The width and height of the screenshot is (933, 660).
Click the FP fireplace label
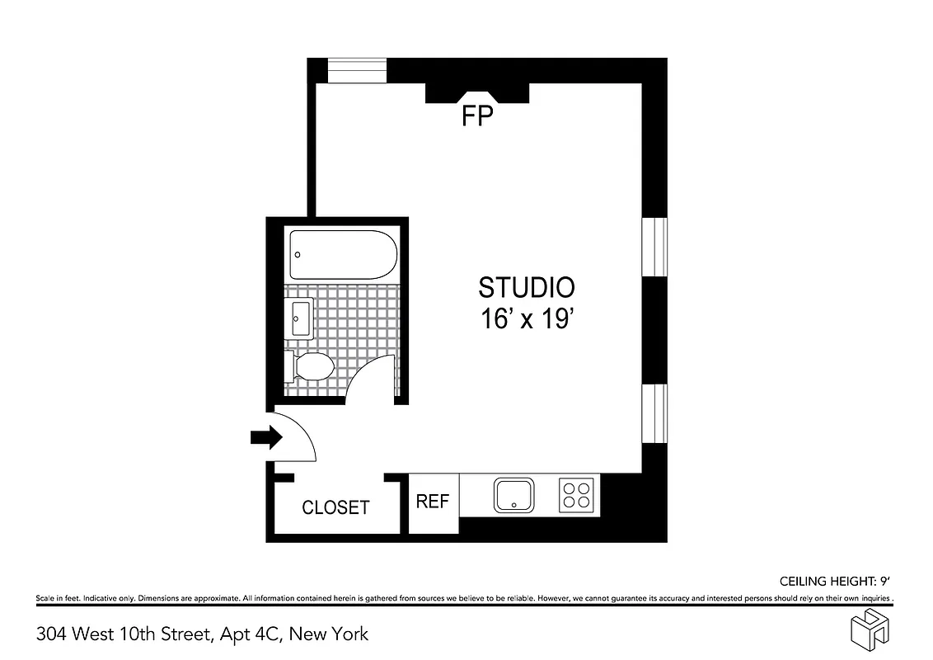click(476, 117)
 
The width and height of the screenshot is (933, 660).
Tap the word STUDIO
click(527, 287)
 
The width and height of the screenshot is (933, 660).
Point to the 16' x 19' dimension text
click(527, 320)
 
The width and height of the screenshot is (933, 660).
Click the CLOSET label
click(335, 507)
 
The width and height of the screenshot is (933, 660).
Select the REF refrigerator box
click(433, 502)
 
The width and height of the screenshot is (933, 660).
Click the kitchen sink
click(515, 495)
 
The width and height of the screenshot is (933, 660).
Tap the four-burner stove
click(575, 495)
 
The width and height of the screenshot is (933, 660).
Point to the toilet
click(309, 366)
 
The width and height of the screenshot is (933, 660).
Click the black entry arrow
click(265, 438)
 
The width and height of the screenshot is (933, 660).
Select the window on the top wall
click(357, 70)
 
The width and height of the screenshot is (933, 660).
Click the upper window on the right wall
click(654, 247)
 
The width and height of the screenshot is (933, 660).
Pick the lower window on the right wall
click(654, 413)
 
